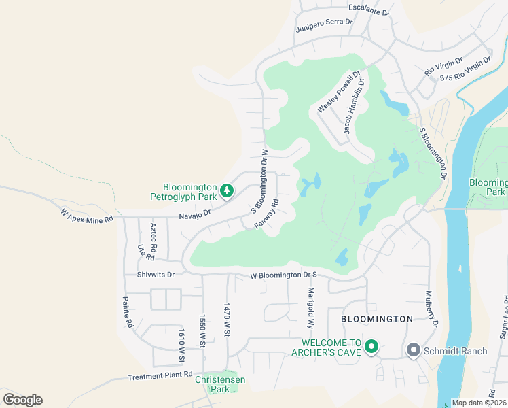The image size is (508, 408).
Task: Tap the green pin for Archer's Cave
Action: point(371,347)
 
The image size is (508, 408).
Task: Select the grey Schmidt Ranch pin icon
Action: point(413,350)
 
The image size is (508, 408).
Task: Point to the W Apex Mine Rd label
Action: point(86,214)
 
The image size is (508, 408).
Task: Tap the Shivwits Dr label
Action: point(156,275)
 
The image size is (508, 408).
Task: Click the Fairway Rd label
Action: point(268,214)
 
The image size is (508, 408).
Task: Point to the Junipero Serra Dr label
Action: point(325,25)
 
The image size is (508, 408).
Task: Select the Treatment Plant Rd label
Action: point(160,376)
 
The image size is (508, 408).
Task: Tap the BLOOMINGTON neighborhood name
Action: point(377,318)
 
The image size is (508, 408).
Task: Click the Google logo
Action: point(22,399)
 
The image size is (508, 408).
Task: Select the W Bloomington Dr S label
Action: point(284,275)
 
